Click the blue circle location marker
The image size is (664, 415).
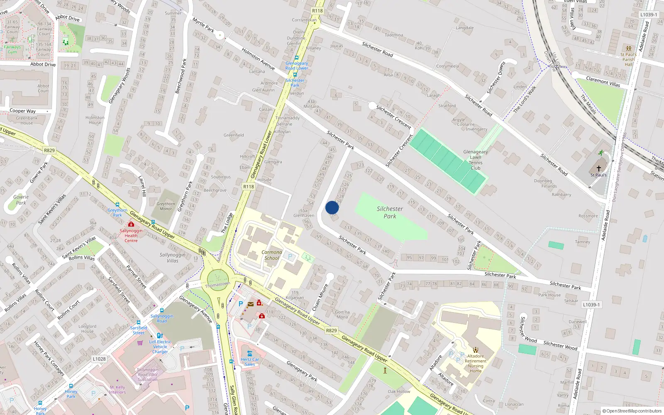(x=332, y=208)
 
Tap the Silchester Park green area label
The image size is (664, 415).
(x=390, y=212)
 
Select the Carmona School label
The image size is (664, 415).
(x=272, y=255)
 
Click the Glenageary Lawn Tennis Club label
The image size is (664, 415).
(x=476, y=160)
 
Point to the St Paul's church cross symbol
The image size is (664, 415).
(x=598, y=168)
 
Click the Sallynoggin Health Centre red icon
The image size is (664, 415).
(x=131, y=225)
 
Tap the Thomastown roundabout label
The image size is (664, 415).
(x=217, y=285)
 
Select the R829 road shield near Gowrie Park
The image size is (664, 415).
(x=49, y=150)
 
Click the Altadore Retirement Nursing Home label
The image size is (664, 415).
(x=476, y=364)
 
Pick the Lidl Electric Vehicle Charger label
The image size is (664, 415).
(x=160, y=347)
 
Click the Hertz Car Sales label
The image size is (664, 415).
(x=250, y=362)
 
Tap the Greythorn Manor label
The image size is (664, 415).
(x=166, y=206)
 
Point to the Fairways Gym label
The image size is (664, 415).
(x=12, y=49)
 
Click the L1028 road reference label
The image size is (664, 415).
(x=99, y=359)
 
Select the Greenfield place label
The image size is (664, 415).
(x=234, y=135)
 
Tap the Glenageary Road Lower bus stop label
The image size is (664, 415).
(x=297, y=66)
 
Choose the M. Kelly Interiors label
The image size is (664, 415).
(x=117, y=390)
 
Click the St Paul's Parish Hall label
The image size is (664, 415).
(x=629, y=59)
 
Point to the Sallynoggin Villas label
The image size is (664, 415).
(x=173, y=258)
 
